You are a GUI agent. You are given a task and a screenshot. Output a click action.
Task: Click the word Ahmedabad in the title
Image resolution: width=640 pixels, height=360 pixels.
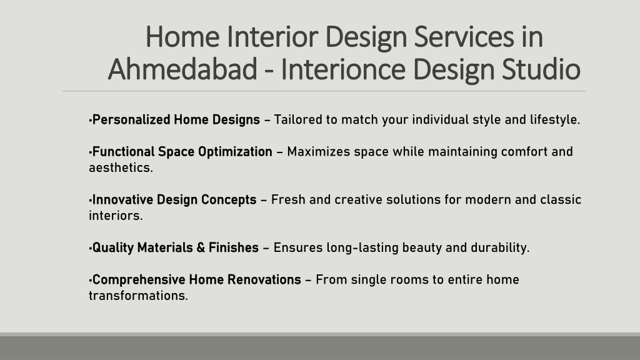click(x=182, y=69)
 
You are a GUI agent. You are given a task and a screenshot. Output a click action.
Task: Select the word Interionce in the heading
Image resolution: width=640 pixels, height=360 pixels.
click(x=343, y=69)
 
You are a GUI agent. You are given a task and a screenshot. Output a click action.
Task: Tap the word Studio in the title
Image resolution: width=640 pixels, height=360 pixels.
click(x=541, y=69)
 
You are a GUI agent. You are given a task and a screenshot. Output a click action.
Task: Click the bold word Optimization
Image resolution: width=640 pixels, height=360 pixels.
click(x=235, y=152)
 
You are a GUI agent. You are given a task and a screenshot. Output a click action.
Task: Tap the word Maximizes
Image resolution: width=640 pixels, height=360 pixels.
click(x=318, y=152)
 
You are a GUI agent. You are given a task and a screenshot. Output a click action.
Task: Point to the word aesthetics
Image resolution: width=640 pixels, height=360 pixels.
click(x=121, y=167)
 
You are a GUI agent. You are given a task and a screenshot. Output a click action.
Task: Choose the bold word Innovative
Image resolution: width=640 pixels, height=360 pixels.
click(x=123, y=199)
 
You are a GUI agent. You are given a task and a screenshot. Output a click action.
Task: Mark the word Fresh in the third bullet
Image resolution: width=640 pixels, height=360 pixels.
click(x=288, y=199)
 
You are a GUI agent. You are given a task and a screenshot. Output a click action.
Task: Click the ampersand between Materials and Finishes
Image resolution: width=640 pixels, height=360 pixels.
click(x=201, y=247)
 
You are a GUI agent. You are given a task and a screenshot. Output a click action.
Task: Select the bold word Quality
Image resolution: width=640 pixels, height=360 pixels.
click(x=113, y=247)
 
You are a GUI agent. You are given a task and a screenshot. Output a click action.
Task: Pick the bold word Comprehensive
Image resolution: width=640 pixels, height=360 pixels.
click(x=139, y=280)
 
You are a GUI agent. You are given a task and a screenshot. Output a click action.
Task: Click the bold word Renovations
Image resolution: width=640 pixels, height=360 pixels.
click(x=264, y=279)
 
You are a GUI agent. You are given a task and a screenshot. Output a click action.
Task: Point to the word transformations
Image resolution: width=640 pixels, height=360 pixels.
click(x=138, y=296)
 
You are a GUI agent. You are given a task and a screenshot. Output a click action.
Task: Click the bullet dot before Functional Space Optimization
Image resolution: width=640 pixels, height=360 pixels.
click(x=90, y=152)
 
